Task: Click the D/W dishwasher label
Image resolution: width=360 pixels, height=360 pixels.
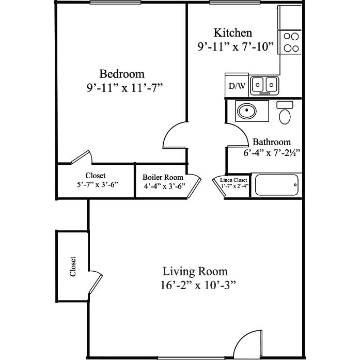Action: pos(237,86)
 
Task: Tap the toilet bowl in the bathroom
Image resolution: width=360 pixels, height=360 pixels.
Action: pos(285,117)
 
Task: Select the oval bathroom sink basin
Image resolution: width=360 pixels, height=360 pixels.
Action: pos(246,111)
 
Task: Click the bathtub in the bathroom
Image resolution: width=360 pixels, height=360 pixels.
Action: pos(277,185)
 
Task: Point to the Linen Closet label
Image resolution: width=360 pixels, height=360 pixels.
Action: pos(233,180)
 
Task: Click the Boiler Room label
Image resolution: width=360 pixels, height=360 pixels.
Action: pos(163,177)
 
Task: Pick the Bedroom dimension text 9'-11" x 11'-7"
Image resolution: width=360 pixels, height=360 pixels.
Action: pos(124,88)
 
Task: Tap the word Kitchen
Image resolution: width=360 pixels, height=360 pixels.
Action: pos(233,33)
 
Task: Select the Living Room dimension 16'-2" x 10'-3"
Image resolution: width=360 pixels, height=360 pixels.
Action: pos(198,286)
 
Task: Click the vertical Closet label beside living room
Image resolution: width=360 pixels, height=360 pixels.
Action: pos(73,267)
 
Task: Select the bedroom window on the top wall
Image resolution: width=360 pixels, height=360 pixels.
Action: pos(115,3)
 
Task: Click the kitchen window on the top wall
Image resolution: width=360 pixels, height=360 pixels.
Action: pos(234,3)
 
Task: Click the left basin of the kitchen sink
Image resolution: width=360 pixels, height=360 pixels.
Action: pos(258,85)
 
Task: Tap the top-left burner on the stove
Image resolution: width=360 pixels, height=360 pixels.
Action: pos(287,36)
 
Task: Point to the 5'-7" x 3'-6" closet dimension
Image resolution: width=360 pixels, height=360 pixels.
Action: pos(98,184)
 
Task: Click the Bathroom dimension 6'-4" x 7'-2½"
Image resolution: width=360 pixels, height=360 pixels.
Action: pos(272,153)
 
